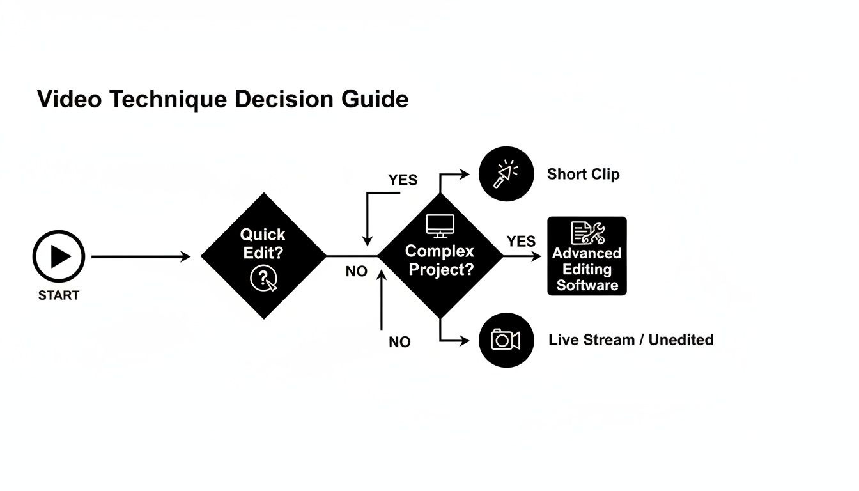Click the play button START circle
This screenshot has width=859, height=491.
[x=59, y=256]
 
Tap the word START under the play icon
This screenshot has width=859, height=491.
[x=59, y=295]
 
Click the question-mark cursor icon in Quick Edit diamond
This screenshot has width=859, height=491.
[x=263, y=279]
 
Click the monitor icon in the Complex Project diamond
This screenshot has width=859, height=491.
[x=440, y=226]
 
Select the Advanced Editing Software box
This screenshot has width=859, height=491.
[x=587, y=256]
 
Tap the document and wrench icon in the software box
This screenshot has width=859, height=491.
[x=587, y=232]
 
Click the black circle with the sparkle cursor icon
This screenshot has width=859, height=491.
[x=506, y=174]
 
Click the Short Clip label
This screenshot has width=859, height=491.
[x=583, y=175]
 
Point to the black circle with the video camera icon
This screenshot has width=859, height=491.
[x=506, y=340]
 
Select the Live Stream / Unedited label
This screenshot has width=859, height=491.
[x=631, y=340]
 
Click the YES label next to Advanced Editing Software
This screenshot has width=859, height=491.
[x=521, y=241]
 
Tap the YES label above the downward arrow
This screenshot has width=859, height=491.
[x=403, y=180]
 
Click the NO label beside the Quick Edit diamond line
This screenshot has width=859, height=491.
[x=356, y=271]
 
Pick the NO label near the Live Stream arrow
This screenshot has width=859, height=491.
[x=399, y=342]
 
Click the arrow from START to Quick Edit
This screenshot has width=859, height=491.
[x=141, y=257]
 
